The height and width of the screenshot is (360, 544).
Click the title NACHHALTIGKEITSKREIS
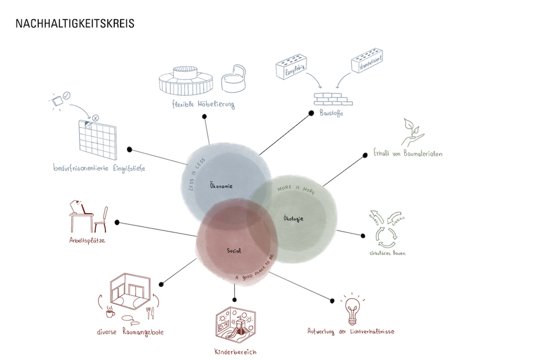(75, 23)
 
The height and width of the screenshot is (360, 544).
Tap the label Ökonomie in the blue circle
(221, 186)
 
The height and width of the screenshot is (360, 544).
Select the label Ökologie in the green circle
(293, 218)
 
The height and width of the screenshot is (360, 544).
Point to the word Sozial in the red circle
(234, 251)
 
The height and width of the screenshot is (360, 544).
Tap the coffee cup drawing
(110, 312)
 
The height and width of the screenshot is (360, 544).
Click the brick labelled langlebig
(291, 67)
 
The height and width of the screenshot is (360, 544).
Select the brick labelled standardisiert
(367, 60)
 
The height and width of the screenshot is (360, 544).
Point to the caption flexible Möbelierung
(204, 104)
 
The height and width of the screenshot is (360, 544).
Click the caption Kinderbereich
(236, 352)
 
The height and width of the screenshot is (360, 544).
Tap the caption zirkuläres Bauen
(387, 253)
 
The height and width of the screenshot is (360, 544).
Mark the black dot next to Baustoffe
(311, 113)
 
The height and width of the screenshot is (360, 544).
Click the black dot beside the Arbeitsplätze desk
(117, 222)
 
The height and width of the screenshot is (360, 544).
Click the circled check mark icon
(67, 95)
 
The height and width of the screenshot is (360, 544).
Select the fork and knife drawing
(150, 313)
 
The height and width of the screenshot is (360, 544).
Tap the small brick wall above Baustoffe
(333, 99)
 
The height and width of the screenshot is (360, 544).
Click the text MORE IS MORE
(296, 189)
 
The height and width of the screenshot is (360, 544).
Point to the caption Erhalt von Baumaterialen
(408, 153)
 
